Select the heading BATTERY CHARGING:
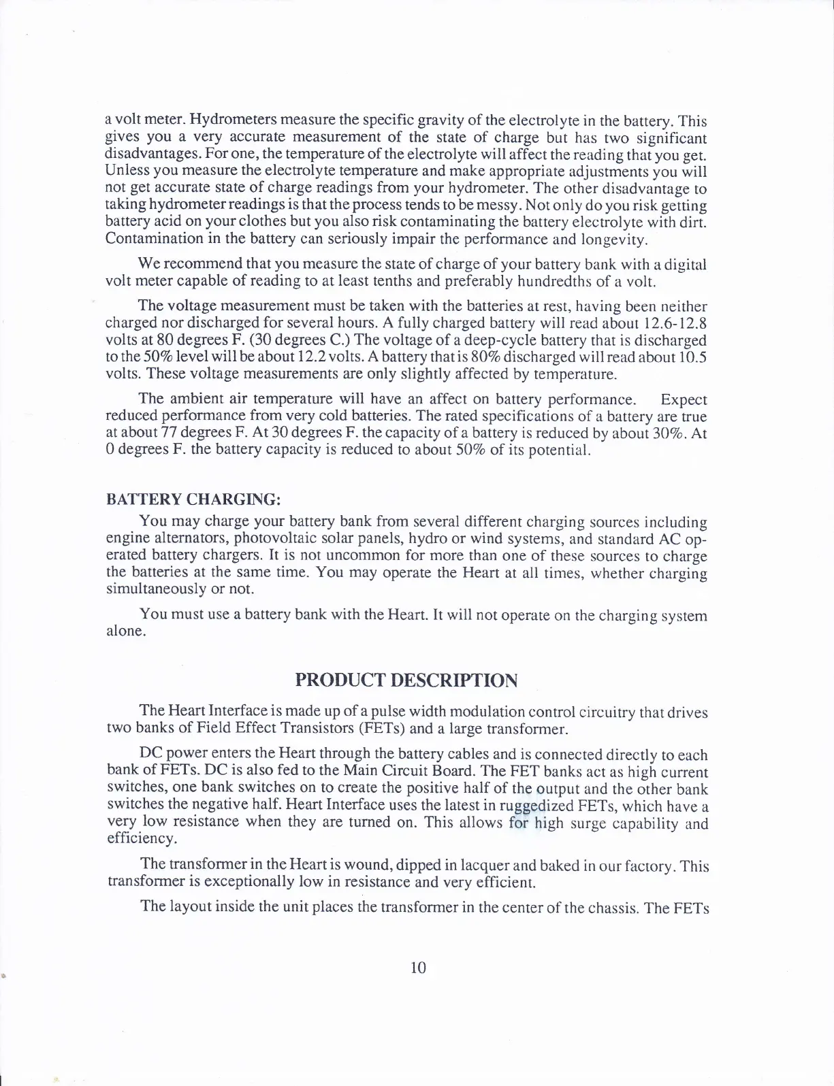pyautogui.click(x=193, y=499)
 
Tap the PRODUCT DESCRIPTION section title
pyautogui.click(x=406, y=680)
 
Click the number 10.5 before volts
pyautogui.click(x=693, y=357)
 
